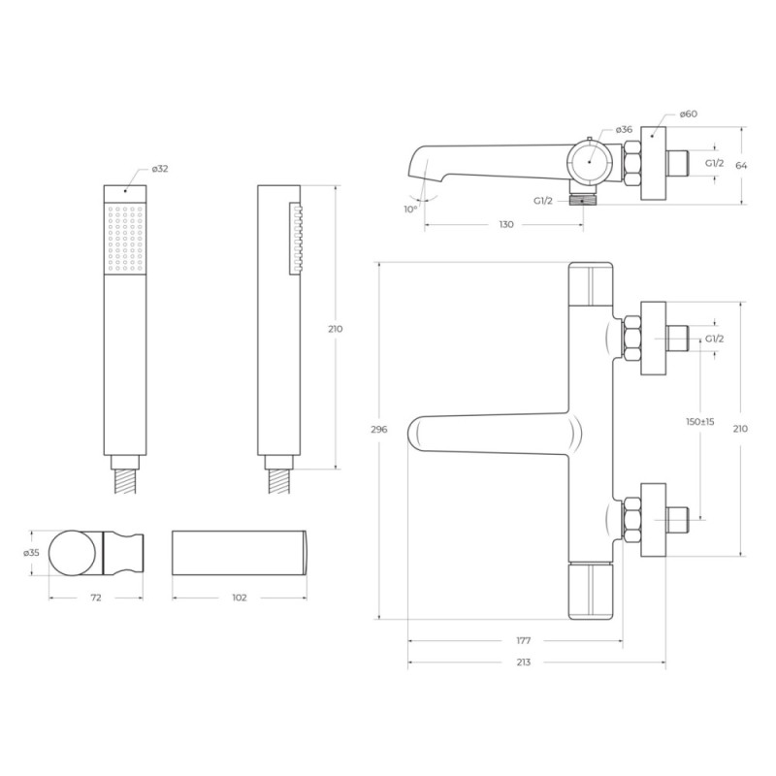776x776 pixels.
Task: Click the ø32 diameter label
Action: coord(160,169)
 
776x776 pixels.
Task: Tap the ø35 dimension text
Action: coord(31,553)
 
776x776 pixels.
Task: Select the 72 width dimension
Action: coord(96,598)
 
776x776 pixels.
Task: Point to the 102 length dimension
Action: coord(239,598)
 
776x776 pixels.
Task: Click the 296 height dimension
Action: coord(379,430)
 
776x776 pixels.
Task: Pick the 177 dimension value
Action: coord(523,641)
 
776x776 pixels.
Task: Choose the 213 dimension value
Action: coord(523,663)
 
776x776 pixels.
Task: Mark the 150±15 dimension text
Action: coord(699,422)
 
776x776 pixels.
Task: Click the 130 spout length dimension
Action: coord(505,225)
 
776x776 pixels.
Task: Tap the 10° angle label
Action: coord(410,210)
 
